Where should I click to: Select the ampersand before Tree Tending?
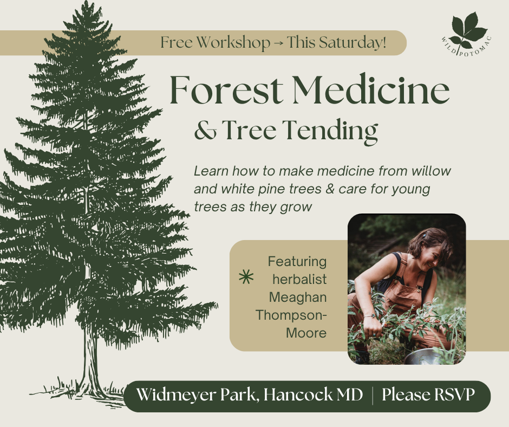205,131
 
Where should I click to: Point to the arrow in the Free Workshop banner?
278,43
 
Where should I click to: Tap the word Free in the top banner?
177,43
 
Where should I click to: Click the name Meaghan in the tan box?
298,297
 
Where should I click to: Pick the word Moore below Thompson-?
306,333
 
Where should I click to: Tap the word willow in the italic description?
432,171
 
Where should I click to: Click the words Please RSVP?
428,395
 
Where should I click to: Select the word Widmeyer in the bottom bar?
176,395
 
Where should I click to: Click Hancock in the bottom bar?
298,395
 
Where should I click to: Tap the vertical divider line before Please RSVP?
373,396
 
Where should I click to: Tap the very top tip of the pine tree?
86,2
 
